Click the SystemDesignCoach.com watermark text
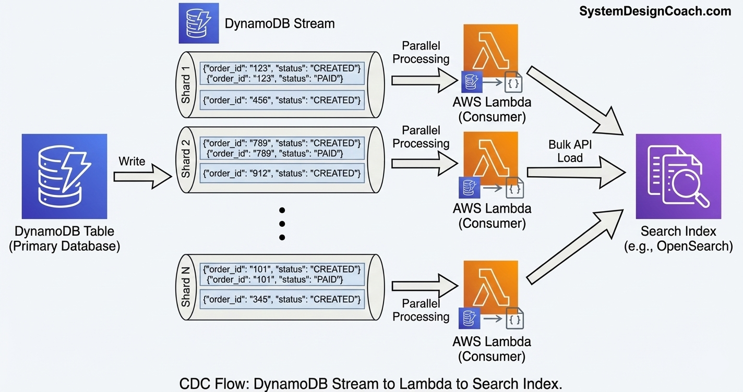[x=655, y=11]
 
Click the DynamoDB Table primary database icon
[x=64, y=176]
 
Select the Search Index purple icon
[x=678, y=176]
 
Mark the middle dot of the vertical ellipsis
[x=282, y=224]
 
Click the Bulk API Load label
[x=570, y=151]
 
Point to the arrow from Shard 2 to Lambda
[x=424, y=163]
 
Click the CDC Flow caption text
[x=371, y=384]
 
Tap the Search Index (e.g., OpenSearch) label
[x=678, y=238]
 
